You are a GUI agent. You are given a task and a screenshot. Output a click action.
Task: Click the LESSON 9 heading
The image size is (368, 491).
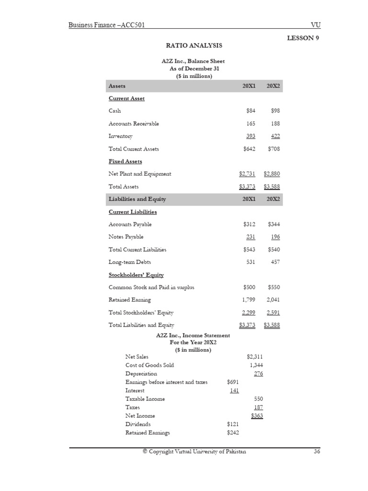(x=303, y=38)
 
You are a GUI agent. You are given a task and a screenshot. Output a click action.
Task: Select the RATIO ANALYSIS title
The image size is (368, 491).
(x=194, y=46)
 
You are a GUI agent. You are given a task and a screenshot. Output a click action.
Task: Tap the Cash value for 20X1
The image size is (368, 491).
(x=250, y=111)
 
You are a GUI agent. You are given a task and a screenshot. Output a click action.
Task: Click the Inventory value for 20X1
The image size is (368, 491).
(x=251, y=136)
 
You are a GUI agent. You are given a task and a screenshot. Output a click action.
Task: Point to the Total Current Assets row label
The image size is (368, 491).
(x=134, y=149)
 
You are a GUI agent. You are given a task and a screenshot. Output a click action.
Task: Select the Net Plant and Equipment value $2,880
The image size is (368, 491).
(x=272, y=174)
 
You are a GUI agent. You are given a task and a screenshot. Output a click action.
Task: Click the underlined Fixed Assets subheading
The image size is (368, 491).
(x=126, y=162)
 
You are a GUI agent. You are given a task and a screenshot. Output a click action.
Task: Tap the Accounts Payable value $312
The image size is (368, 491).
(x=249, y=224)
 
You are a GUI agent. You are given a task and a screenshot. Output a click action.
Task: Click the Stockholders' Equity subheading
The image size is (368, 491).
(x=136, y=275)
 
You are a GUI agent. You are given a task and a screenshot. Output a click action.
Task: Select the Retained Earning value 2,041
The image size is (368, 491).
(x=273, y=300)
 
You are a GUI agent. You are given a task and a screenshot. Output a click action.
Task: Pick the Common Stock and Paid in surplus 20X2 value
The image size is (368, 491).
(x=274, y=287)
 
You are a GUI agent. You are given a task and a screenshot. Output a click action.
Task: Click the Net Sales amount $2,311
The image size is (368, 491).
(x=254, y=357)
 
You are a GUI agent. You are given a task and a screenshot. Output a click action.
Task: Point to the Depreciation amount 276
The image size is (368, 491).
(x=258, y=374)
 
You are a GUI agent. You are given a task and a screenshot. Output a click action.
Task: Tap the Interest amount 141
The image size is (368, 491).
(x=234, y=390)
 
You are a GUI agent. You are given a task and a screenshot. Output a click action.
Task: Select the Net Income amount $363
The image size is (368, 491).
(x=257, y=416)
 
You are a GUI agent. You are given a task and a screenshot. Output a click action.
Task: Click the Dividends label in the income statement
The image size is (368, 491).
(x=138, y=424)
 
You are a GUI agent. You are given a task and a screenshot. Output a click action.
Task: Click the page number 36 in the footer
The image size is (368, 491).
(x=316, y=452)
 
